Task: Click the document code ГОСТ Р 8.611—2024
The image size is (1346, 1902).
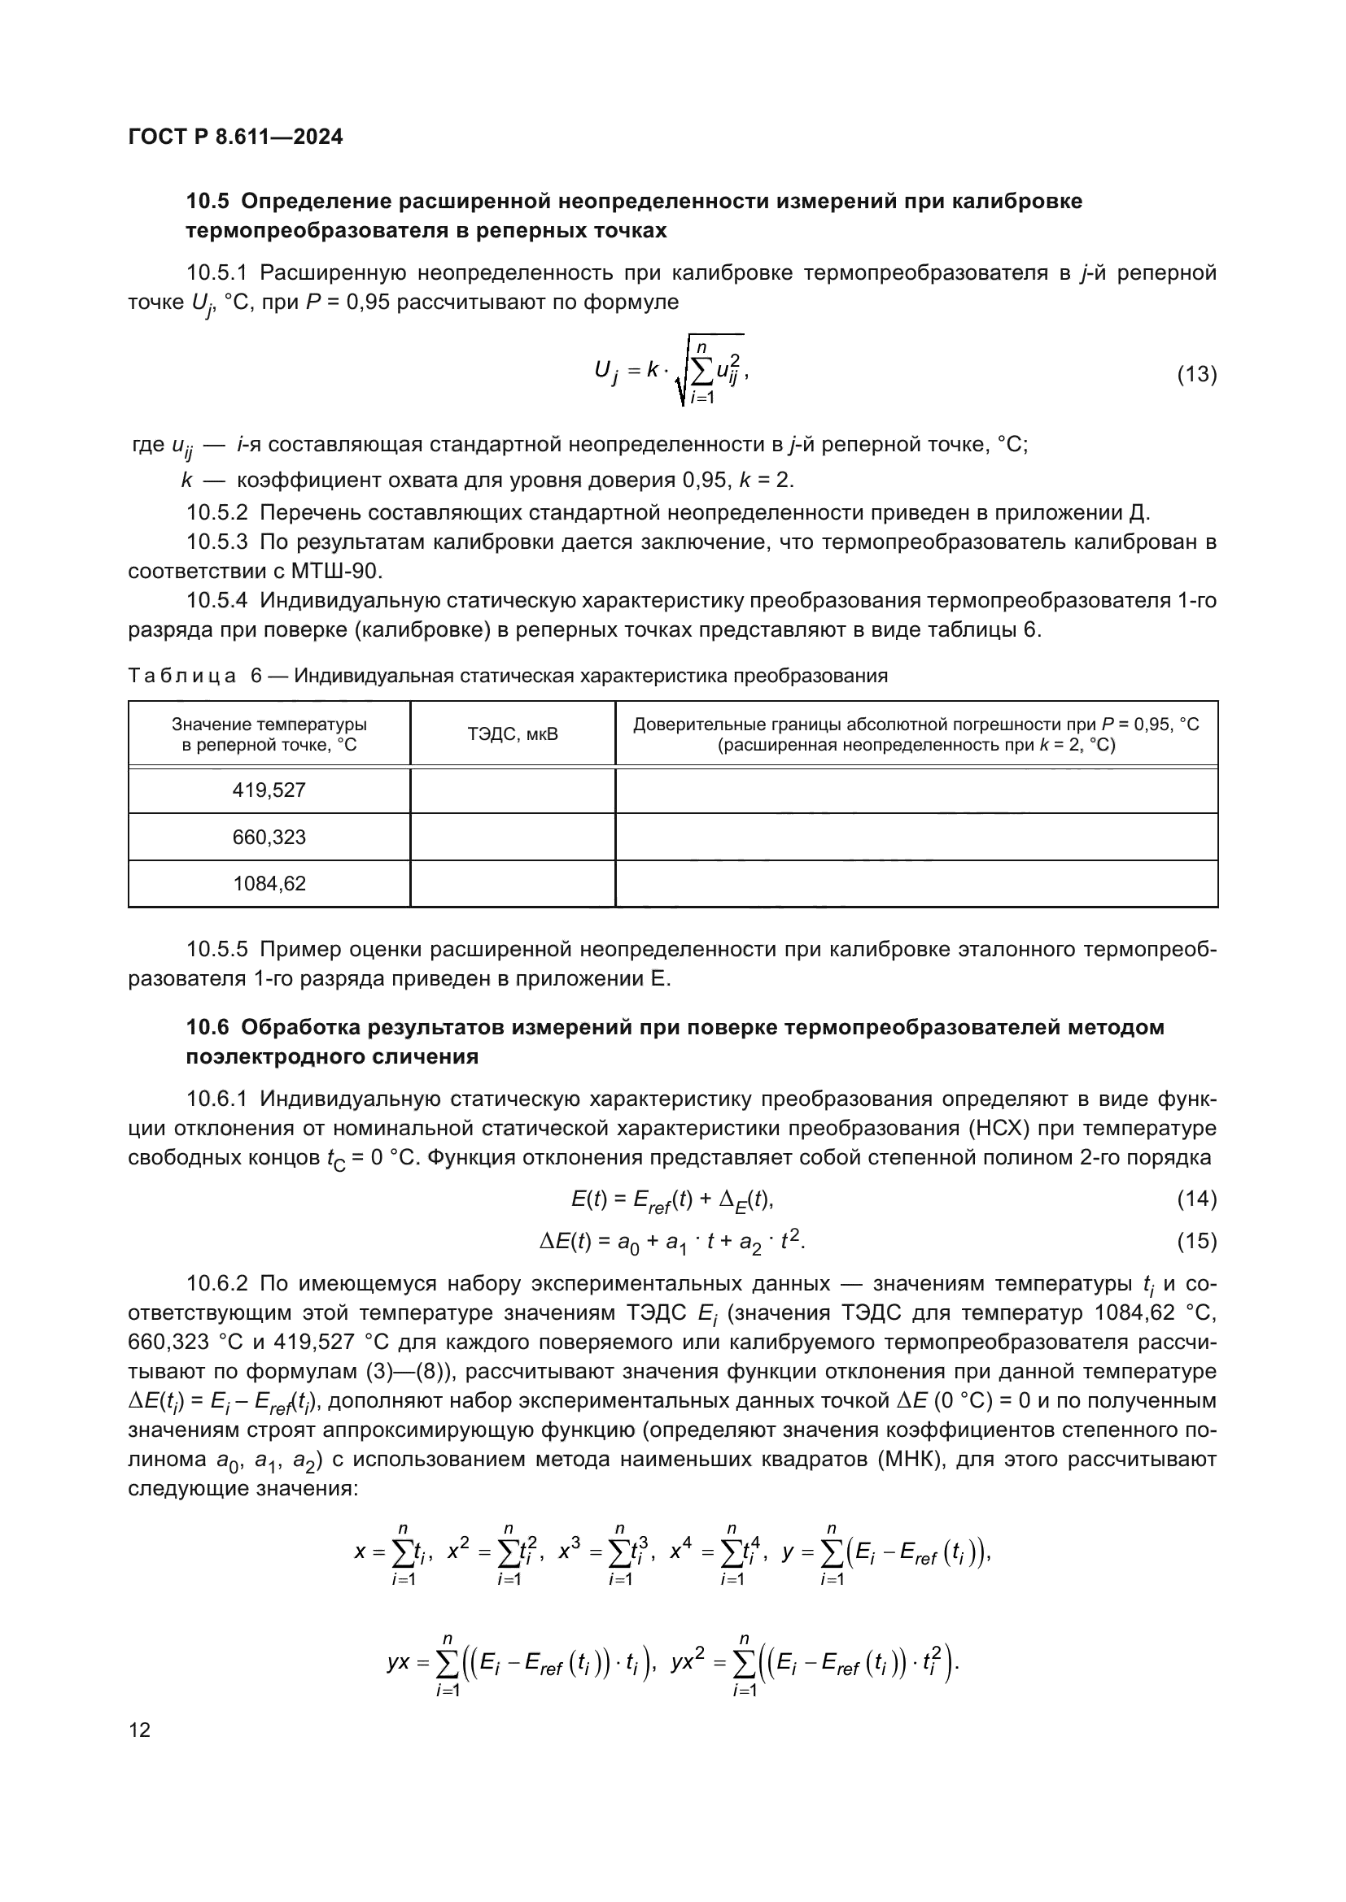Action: click(x=235, y=137)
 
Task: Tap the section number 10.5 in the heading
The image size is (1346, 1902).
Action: click(x=208, y=202)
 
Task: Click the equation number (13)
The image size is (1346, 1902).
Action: click(x=1197, y=374)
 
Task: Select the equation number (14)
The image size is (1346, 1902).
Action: click(x=1197, y=1199)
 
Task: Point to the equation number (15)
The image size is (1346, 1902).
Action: click(x=1197, y=1241)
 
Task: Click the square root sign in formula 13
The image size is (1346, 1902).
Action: click(x=681, y=377)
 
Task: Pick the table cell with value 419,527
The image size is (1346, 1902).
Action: click(x=269, y=790)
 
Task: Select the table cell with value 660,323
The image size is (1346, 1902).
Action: click(x=269, y=838)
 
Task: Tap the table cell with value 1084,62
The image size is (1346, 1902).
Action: click(x=269, y=884)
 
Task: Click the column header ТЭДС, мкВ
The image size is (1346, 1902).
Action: click(x=512, y=734)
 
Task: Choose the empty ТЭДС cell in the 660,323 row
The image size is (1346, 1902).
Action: click(x=512, y=838)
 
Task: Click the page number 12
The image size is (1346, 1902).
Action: click(x=140, y=1730)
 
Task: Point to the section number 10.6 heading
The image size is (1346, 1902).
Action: click(x=208, y=1027)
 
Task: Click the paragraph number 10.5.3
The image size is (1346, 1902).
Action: click(x=217, y=542)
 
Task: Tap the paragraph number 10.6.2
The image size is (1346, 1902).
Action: click(x=217, y=1284)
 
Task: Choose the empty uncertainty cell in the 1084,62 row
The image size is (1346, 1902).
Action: click(x=916, y=884)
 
